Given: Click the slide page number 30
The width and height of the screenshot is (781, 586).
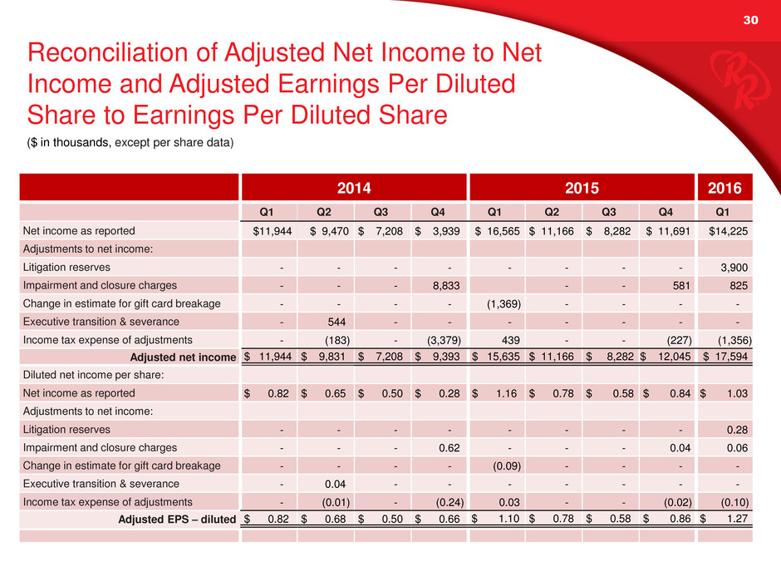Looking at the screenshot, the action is [x=750, y=20].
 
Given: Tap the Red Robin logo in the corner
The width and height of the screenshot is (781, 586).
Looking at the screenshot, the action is [x=734, y=81].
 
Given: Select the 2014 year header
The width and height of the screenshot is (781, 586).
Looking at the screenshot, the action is [x=354, y=188].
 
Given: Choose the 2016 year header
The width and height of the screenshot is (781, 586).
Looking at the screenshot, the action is [x=725, y=188].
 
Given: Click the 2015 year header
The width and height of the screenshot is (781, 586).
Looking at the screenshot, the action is [x=582, y=188].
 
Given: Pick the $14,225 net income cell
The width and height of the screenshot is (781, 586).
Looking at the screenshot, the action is [x=728, y=231].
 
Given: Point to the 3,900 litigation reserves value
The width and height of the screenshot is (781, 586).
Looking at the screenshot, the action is [x=734, y=268].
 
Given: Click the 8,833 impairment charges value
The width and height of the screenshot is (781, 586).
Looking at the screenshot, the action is [x=446, y=286].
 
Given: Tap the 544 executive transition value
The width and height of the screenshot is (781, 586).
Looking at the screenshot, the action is [x=336, y=322].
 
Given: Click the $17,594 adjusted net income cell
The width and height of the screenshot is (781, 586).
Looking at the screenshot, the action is [x=725, y=357].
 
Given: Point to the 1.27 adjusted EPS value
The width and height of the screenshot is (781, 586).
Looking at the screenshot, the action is [x=737, y=519].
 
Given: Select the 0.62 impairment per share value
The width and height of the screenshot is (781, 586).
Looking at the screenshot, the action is [x=449, y=448].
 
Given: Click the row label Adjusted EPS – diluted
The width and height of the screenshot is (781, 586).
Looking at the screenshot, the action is [x=177, y=520].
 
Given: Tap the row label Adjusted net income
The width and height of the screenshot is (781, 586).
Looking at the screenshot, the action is [x=183, y=357].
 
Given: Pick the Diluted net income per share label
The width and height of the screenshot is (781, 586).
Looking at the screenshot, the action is [x=94, y=375].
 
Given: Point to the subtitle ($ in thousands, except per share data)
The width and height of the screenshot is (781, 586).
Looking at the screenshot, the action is [x=130, y=142].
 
